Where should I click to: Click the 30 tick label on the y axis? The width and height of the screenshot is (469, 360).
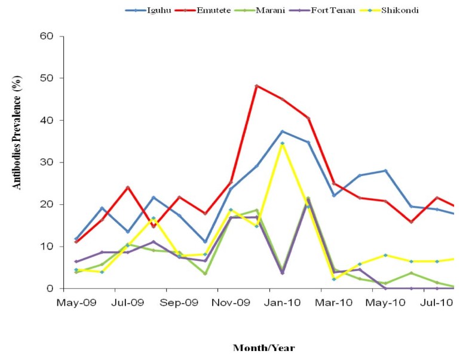(47, 162)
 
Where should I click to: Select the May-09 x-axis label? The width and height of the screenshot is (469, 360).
(76, 303)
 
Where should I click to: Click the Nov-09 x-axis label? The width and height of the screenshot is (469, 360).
(231, 303)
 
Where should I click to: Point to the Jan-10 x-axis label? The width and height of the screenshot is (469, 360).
(282, 303)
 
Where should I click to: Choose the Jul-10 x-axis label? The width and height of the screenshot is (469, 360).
(436, 303)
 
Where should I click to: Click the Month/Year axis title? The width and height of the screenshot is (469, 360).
(263, 347)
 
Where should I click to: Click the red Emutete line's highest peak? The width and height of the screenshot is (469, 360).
(256, 86)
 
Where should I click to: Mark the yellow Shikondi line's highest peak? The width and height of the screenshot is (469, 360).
(282, 143)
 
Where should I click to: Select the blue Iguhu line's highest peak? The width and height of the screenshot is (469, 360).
(282, 131)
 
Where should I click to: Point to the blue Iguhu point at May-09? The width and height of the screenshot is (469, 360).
(76, 239)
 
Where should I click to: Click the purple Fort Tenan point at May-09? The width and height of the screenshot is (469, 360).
(76, 261)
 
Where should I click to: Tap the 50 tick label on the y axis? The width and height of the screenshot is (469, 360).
(47, 78)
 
